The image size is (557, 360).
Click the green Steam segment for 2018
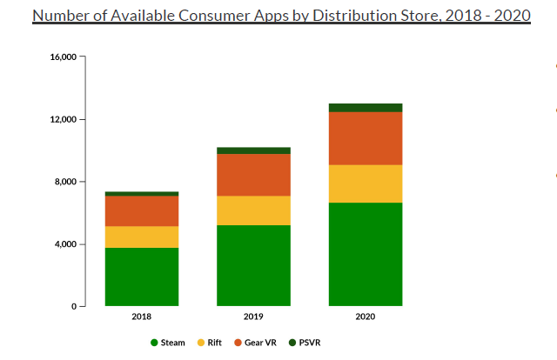[142, 277]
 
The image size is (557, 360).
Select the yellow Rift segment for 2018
[142, 237]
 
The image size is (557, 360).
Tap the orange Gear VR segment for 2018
[142, 210]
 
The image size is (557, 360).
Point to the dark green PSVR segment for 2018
[142, 193]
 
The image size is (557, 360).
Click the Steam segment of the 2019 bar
[253, 265]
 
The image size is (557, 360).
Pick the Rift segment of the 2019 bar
[253, 210]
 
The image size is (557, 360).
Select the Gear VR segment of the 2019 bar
[253, 175]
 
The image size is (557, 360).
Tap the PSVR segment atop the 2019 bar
[253, 150]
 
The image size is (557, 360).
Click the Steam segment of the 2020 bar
[366, 254]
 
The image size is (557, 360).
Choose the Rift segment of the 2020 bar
[366, 183]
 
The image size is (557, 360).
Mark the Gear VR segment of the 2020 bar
[366, 138]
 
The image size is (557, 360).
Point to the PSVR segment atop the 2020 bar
[366, 108]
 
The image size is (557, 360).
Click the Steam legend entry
[168, 343]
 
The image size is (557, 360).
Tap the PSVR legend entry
[304, 343]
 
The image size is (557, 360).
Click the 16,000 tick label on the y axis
[64, 57]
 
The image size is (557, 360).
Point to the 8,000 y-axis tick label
[66, 182]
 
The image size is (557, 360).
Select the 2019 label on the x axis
[253, 317]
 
